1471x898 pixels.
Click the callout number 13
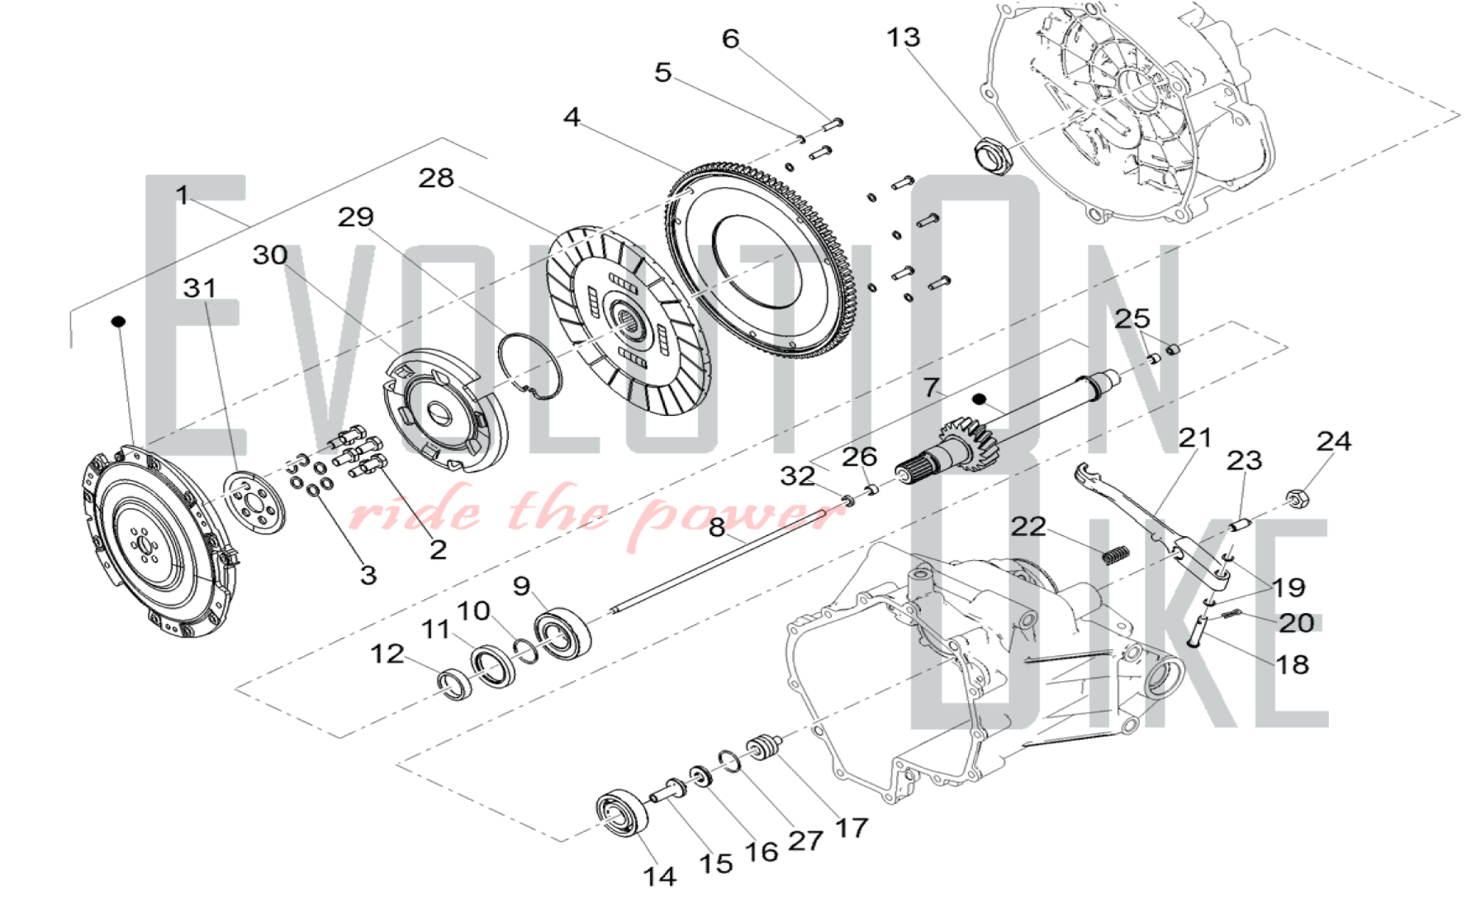(x=903, y=38)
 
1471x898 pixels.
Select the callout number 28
(x=436, y=178)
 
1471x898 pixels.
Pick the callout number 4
(x=572, y=117)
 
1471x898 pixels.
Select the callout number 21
(x=1195, y=439)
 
